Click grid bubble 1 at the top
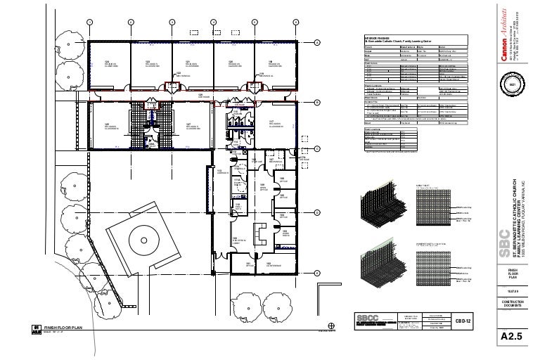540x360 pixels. tap(89, 20)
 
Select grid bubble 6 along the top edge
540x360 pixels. tap(296, 20)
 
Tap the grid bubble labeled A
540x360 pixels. tap(318, 43)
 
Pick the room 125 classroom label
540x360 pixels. tap(108, 126)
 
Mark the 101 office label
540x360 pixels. tap(249, 264)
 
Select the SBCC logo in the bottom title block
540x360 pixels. tap(368, 316)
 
